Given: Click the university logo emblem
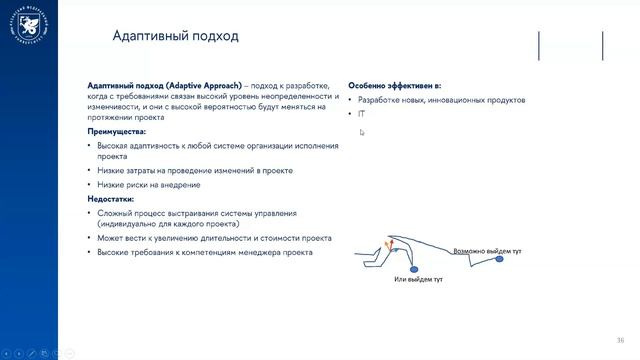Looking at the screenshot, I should [27, 27].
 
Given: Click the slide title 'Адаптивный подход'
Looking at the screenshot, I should [175, 37].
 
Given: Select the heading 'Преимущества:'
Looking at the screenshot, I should [116, 131].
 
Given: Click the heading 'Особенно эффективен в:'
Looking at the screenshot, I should [394, 86].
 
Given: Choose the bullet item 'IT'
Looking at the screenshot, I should [361, 114].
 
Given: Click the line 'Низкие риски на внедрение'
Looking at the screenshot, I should [148, 185].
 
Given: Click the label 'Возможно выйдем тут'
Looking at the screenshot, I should [488, 251].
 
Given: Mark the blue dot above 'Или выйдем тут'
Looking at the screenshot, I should [417, 268].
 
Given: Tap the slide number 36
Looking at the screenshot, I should [620, 339].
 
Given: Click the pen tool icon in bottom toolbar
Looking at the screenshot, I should [33, 352].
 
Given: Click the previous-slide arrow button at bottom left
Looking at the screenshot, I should [6, 352].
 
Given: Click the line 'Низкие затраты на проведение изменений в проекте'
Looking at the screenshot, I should [194, 171].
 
